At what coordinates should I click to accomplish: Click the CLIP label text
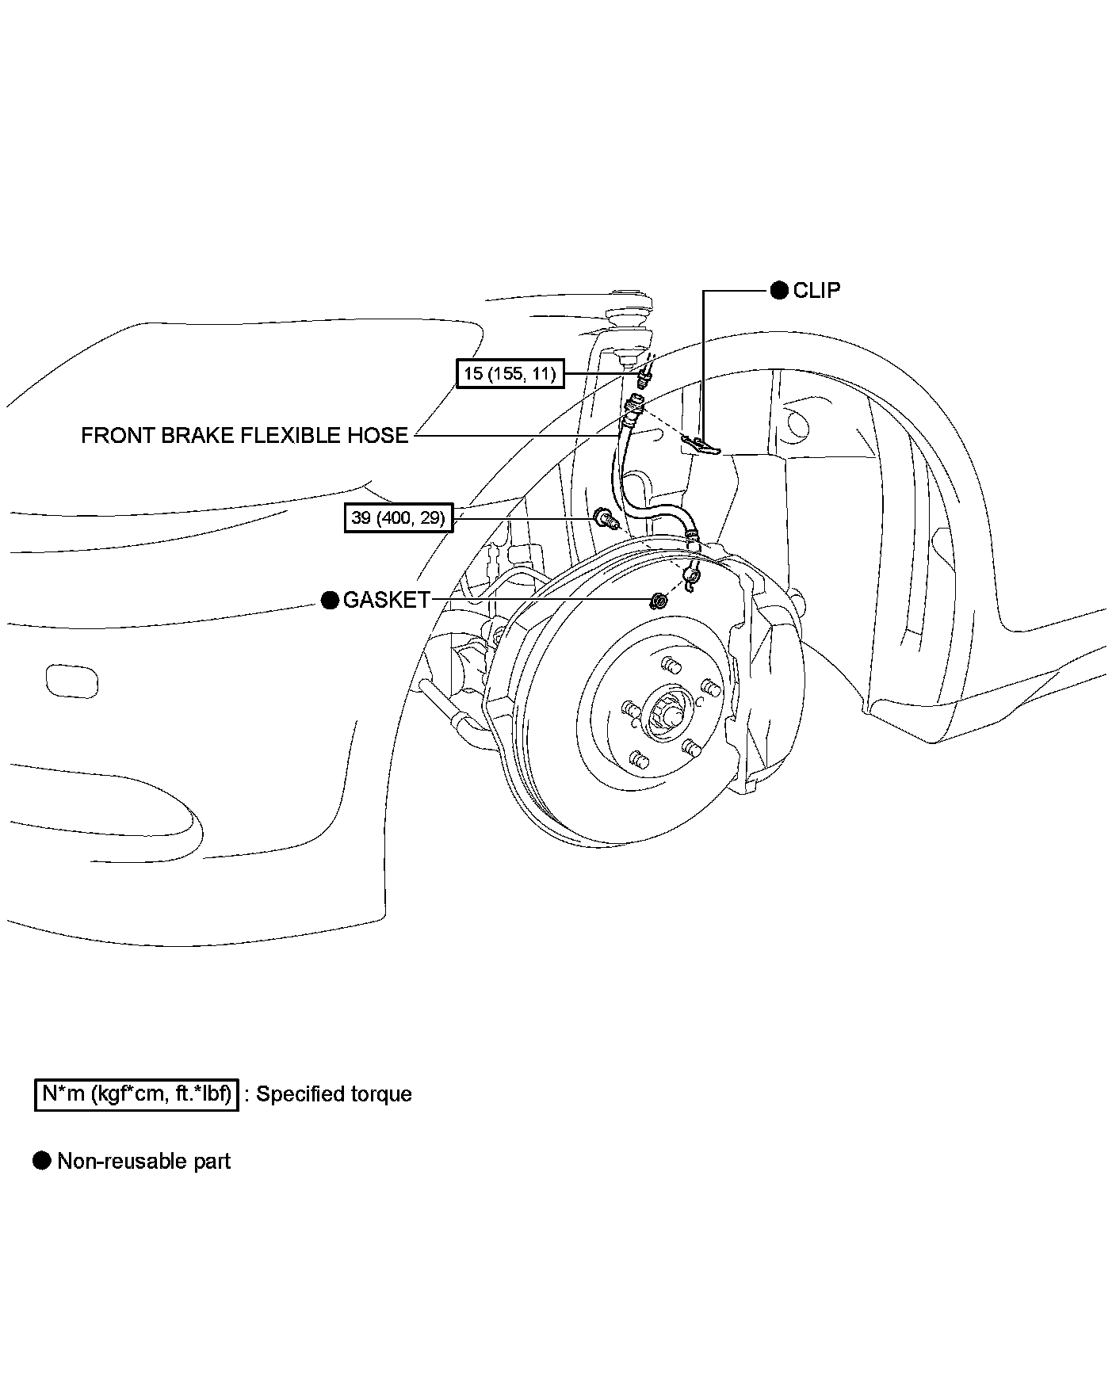816,290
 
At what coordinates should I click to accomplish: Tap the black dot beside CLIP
780,290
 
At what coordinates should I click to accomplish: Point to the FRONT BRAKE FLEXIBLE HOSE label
244,435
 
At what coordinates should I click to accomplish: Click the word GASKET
386,600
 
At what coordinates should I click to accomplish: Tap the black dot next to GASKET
331,600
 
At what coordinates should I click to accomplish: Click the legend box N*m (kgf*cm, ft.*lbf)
137,1094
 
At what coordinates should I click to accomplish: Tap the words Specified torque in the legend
334,1094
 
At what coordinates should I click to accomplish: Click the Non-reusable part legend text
144,1162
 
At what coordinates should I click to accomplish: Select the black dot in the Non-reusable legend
41,1162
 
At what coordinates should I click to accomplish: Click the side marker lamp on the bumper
72,681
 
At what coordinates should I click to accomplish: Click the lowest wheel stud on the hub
639,761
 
